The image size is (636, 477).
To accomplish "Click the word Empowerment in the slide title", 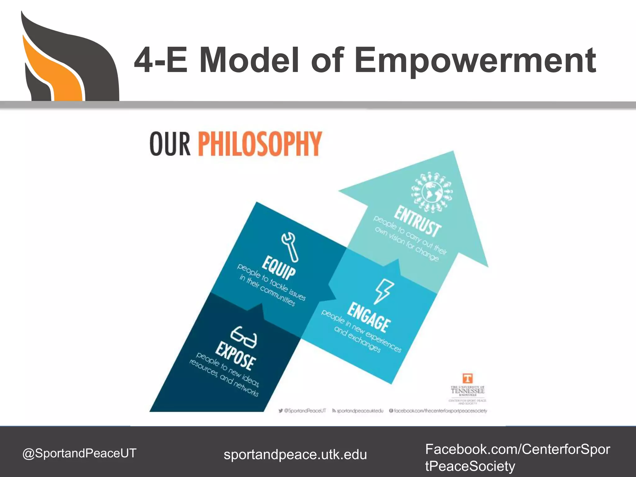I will [x=475, y=61].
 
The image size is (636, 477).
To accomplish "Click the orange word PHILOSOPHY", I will [x=260, y=143].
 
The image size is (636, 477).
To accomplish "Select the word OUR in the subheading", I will [x=170, y=144].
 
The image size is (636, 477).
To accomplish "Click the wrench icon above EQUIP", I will [x=290, y=247].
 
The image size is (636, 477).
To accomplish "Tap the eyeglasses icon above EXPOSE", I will [x=244, y=337].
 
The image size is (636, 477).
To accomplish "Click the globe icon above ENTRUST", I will [x=432, y=193].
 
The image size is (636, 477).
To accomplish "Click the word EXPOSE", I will [x=236, y=356].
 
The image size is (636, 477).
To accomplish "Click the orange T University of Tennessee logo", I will [x=467, y=378].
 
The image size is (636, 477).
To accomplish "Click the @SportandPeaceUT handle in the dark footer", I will [x=79, y=453].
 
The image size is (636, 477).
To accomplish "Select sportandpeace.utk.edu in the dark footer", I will [x=295, y=455].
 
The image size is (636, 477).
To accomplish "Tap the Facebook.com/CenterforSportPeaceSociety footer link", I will [x=517, y=457].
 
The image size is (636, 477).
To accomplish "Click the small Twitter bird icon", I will [x=281, y=411].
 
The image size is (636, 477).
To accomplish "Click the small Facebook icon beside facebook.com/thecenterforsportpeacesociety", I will [x=391, y=411].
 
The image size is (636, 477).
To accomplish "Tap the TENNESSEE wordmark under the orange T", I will [x=467, y=391].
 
